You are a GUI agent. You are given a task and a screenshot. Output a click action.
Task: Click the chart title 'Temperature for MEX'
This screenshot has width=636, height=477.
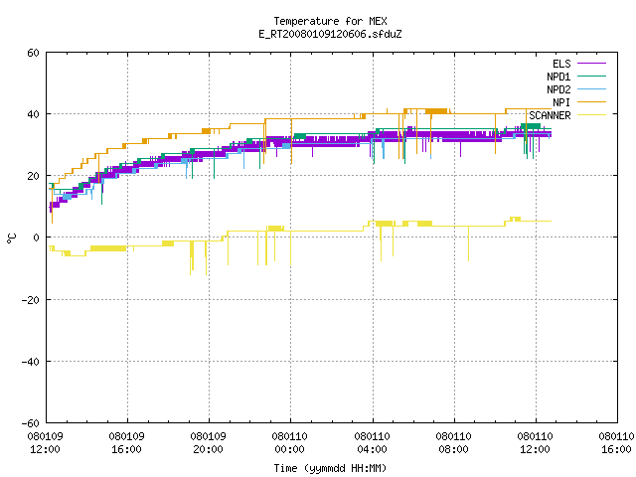pyautogui.click(x=330, y=21)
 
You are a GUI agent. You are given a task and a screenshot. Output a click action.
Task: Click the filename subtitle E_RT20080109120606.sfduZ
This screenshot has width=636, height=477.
pyautogui.click(x=330, y=34)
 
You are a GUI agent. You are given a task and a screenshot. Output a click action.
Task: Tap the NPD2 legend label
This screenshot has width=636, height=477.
pyautogui.click(x=558, y=89)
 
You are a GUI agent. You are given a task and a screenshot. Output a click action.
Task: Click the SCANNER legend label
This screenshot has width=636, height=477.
pyautogui.click(x=550, y=115)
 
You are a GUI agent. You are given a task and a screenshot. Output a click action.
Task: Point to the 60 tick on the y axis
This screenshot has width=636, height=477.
pyautogui.click(x=33, y=53)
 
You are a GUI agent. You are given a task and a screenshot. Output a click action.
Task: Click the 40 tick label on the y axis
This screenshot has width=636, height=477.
pyautogui.click(x=33, y=114)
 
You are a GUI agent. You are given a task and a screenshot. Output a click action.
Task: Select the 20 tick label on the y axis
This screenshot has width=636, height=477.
pyautogui.click(x=33, y=176)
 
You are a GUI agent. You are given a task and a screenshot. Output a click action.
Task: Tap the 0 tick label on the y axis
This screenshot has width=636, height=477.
pyautogui.click(x=37, y=238)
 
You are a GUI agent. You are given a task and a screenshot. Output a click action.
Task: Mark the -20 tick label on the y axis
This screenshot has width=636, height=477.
pyautogui.click(x=31, y=300)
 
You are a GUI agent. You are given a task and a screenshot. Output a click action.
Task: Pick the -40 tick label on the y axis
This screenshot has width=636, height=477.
pyautogui.click(x=31, y=362)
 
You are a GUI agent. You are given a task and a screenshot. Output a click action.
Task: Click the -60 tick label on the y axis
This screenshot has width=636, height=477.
pyautogui.click(x=31, y=423)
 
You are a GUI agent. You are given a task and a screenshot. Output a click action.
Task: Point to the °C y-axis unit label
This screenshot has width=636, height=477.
pyautogui.click(x=12, y=238)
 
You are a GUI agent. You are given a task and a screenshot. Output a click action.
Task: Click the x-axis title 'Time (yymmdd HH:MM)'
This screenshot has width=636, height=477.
pyautogui.click(x=330, y=468)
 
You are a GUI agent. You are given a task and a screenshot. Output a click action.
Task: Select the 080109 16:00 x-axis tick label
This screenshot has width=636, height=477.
pyautogui.click(x=126, y=443)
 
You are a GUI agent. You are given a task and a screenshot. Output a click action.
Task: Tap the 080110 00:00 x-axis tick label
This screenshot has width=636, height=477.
pyautogui.click(x=289, y=443)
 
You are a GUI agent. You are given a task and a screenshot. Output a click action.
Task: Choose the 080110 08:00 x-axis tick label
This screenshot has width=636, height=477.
pyautogui.click(x=453, y=443)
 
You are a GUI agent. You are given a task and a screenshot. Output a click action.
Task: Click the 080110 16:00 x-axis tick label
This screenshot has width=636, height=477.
pyautogui.click(x=616, y=443)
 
